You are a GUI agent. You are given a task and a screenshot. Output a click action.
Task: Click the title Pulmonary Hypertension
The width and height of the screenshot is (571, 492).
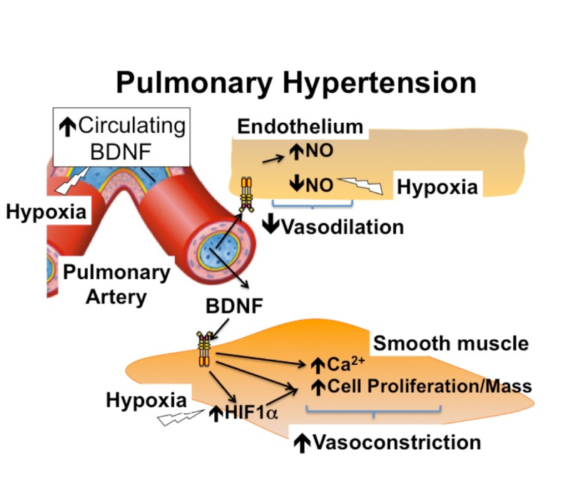(295, 83)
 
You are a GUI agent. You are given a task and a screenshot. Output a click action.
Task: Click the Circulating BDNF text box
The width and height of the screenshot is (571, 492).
(122, 138)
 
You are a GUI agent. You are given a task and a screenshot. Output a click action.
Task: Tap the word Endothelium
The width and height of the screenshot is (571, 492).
(300, 128)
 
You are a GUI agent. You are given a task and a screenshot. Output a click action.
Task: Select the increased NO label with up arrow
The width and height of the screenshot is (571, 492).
(310, 151)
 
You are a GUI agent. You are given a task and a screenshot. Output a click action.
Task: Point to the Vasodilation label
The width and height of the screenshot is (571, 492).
(333, 226)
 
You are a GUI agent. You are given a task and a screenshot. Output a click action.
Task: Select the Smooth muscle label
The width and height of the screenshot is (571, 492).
(451, 343)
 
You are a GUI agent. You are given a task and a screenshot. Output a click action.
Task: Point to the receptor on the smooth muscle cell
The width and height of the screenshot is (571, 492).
(205, 348)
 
